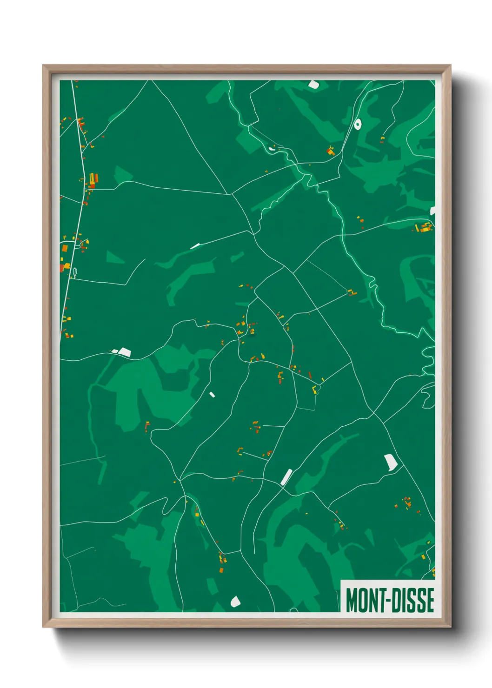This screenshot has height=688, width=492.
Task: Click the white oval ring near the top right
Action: [358, 124]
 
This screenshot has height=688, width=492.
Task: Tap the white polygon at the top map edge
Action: [313, 85]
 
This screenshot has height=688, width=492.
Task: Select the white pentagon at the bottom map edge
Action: [235, 601]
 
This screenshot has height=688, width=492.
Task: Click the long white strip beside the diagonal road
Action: [286, 476]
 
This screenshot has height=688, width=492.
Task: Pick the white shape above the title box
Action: [390, 463]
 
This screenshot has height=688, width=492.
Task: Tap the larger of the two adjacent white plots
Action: [125, 351]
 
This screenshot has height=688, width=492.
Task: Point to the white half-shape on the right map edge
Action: [432, 211]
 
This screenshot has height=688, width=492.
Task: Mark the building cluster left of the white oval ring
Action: [331, 151]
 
